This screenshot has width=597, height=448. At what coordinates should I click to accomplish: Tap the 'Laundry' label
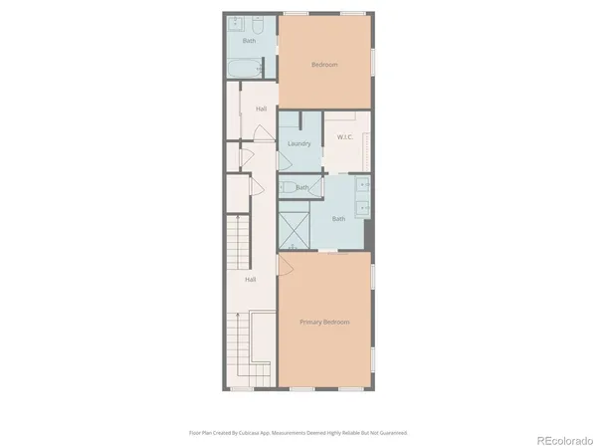click(x=298, y=144)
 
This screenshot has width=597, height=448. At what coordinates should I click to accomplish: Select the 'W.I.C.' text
click(x=346, y=137)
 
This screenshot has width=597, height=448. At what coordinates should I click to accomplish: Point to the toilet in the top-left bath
click(x=258, y=24)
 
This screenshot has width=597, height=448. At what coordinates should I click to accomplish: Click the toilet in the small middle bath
click(x=286, y=186)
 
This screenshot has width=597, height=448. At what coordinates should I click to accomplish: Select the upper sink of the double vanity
click(x=363, y=185)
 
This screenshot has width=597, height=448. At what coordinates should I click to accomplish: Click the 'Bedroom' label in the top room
click(x=324, y=65)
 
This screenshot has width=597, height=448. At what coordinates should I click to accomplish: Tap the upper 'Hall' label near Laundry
click(x=261, y=109)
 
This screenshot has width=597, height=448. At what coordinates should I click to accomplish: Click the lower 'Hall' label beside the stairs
click(x=251, y=280)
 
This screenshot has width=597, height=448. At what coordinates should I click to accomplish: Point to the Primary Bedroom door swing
click(x=284, y=264)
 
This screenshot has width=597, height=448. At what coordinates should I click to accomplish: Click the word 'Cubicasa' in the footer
click(x=264, y=433)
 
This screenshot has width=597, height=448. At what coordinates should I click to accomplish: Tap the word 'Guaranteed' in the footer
click(x=388, y=433)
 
